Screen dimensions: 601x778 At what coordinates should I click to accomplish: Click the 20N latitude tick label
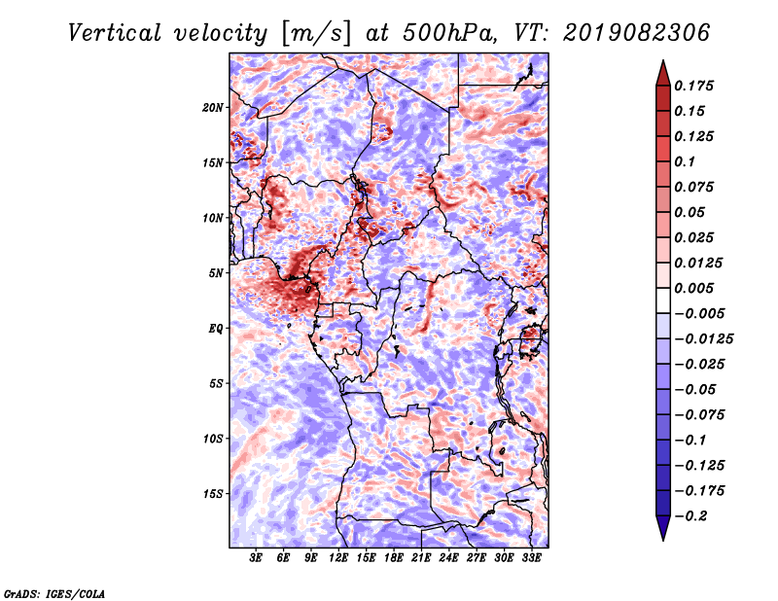coord(213,107)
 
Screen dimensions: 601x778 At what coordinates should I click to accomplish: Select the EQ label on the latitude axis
coord(217,328)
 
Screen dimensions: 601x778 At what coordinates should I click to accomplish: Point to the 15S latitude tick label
coord(213,493)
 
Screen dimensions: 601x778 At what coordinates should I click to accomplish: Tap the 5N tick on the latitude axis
coord(216,272)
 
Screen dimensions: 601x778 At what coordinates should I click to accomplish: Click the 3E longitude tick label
coord(257,558)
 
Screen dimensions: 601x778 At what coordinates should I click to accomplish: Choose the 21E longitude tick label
coord(421,558)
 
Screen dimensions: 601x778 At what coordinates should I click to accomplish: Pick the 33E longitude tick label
coord(531,558)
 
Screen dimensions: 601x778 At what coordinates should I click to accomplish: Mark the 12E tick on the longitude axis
coord(339,558)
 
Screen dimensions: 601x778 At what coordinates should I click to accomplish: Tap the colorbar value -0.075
coord(701,414)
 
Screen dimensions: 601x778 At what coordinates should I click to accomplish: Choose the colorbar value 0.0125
coord(701,263)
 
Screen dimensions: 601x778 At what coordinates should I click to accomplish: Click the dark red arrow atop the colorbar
coord(662,72)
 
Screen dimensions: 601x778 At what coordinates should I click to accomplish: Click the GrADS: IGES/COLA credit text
coord(53,591)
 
